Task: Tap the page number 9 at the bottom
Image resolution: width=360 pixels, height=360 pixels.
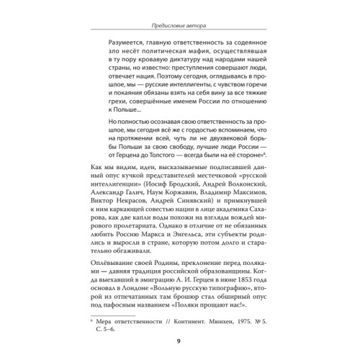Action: (180, 341)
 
